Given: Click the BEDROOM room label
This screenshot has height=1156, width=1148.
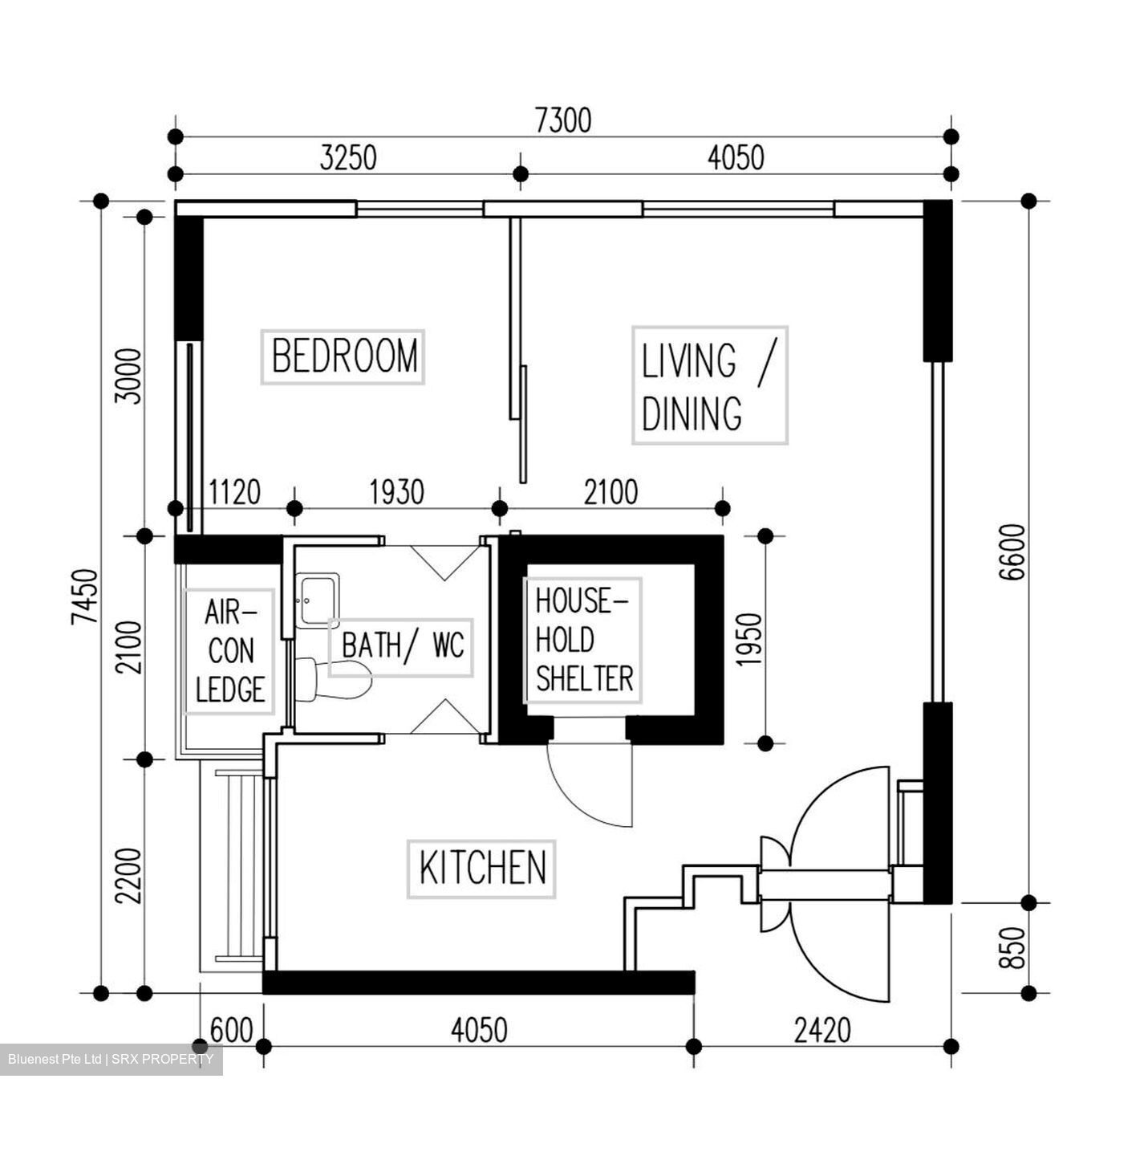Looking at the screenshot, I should click(343, 356).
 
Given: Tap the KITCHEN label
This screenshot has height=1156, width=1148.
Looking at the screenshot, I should click(481, 869).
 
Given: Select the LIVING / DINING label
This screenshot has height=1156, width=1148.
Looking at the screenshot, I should click(709, 385).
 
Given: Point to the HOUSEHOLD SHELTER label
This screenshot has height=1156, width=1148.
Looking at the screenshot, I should click(583, 641).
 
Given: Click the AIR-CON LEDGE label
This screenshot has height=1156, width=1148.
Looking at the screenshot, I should click(229, 651).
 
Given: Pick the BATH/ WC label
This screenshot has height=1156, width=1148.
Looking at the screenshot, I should click(402, 645).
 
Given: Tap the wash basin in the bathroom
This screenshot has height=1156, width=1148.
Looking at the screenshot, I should click(318, 599).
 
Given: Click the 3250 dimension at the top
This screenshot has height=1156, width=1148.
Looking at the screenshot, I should click(347, 158).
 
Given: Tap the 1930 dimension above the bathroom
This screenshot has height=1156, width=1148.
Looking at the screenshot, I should click(396, 492).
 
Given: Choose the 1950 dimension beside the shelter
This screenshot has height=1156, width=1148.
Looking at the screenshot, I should click(748, 639).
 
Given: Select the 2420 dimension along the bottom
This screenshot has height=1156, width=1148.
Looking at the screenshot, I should click(822, 1029).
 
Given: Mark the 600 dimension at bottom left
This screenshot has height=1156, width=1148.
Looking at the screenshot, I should click(231, 1029).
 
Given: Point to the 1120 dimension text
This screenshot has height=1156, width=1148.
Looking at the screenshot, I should click(234, 492).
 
